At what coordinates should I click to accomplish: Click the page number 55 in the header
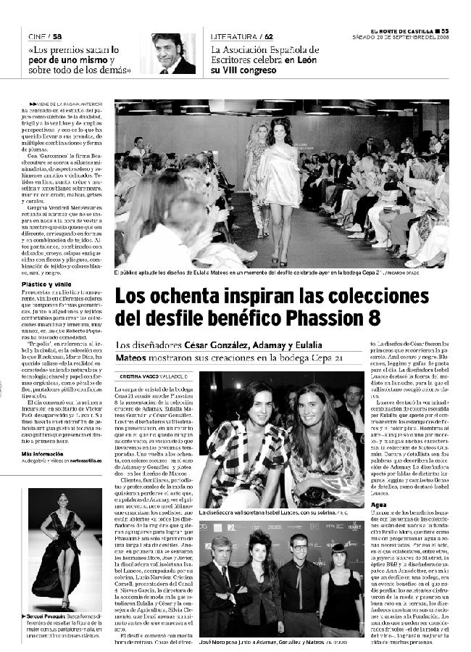pos(445,30)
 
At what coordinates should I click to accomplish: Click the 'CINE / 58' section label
pos(45,36)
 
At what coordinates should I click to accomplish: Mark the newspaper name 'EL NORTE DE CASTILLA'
pos(402,30)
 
